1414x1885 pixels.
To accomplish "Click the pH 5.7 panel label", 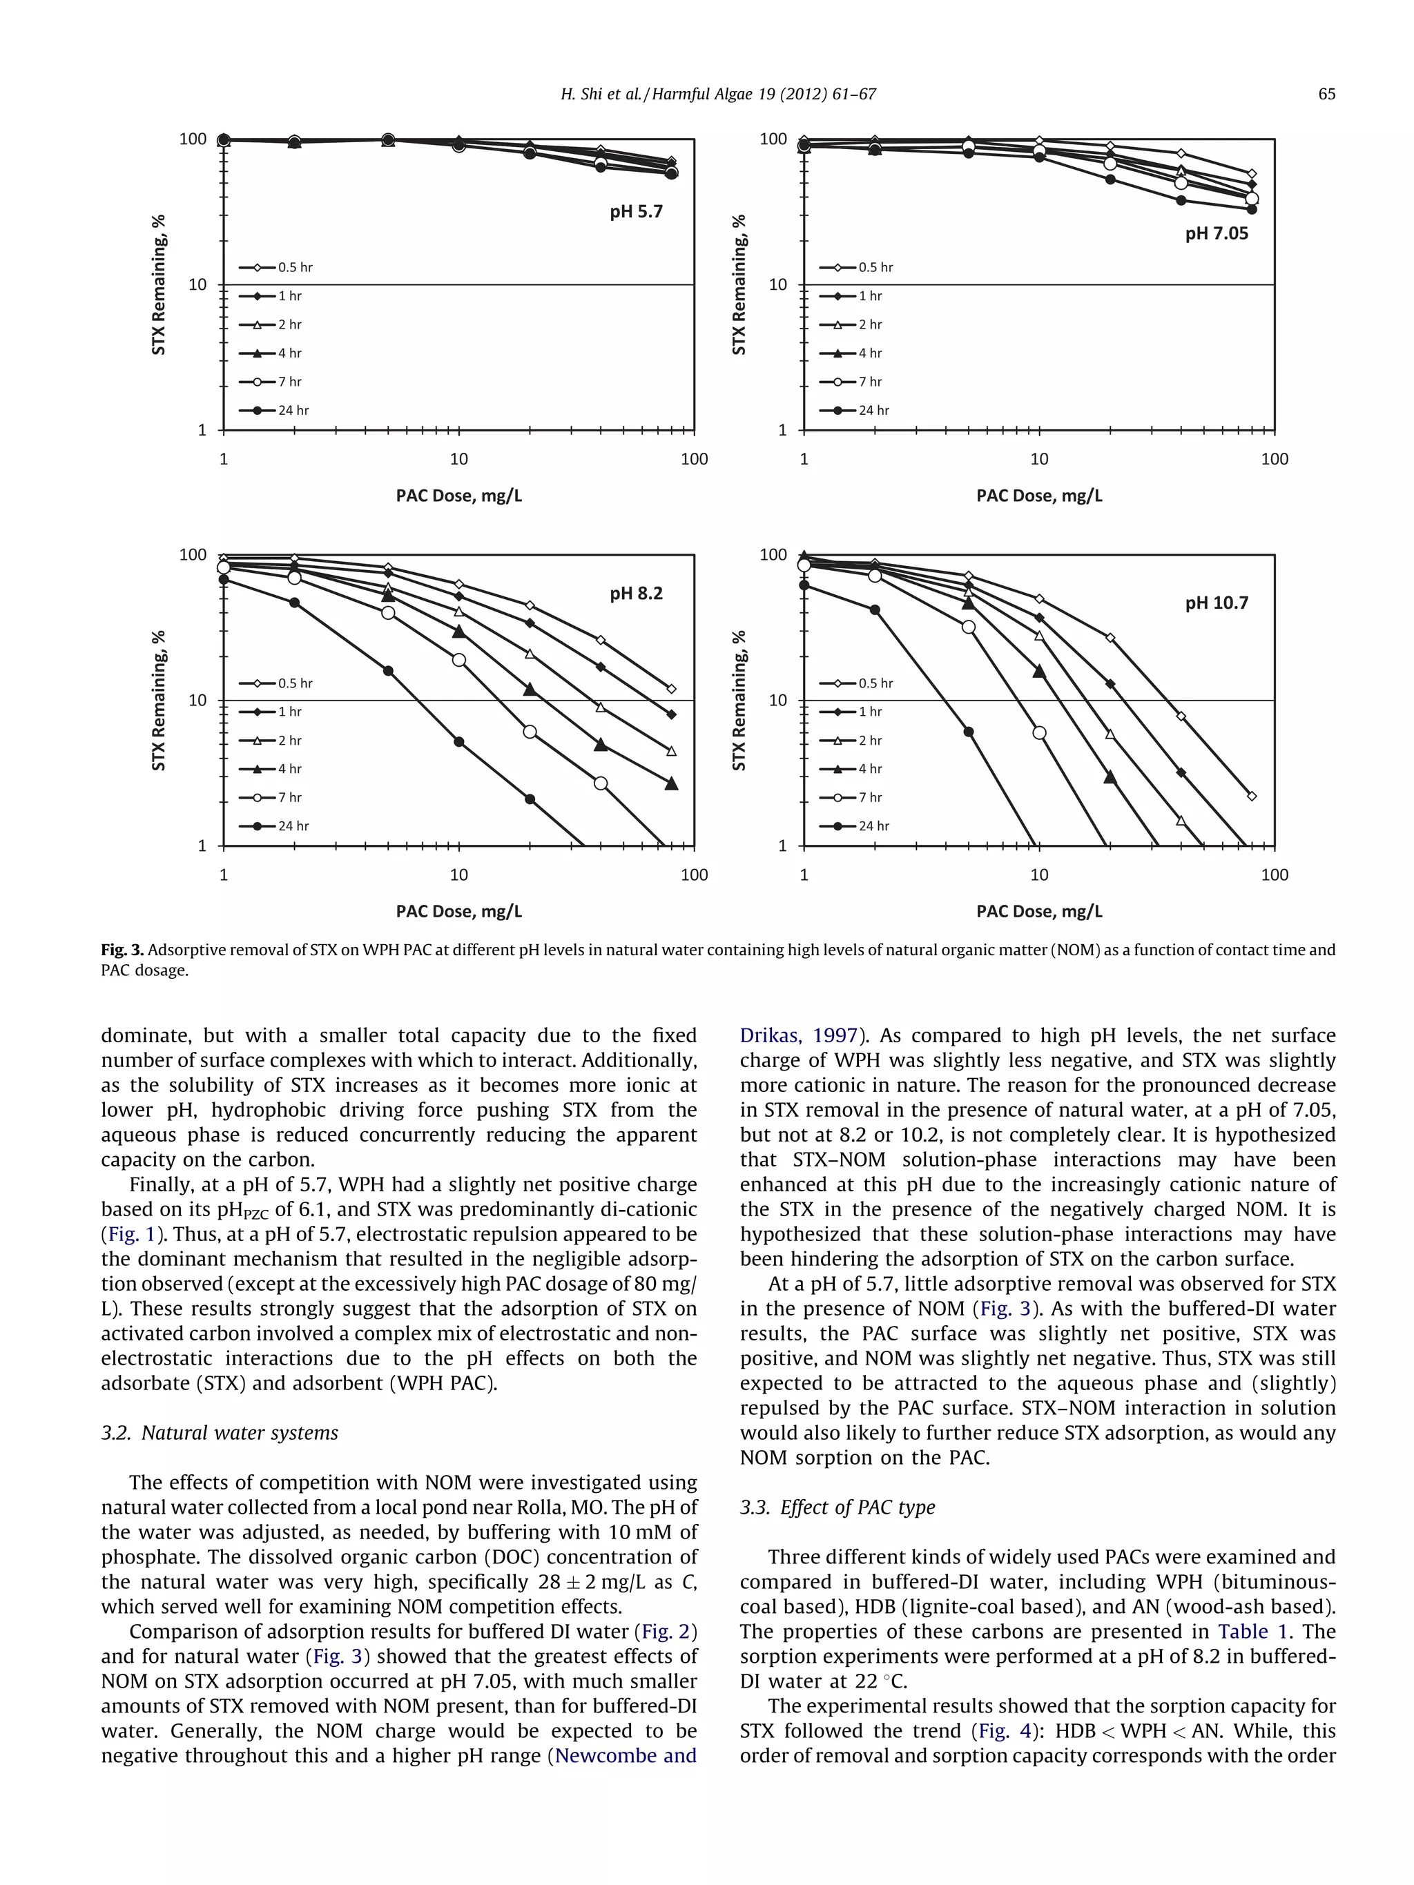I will [x=635, y=211].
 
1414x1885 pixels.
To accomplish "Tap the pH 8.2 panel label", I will [x=635, y=593].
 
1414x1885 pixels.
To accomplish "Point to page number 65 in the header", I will [x=1326, y=95].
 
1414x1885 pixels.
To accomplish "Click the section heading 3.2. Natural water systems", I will [x=219, y=1432].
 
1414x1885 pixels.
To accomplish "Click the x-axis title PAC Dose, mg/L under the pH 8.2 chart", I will [x=458, y=911].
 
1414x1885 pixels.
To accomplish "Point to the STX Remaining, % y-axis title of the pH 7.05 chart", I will [x=738, y=284].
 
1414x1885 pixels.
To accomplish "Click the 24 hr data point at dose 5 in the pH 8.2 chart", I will [x=388, y=671].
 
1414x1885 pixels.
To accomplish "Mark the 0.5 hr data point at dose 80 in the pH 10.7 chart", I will [x=1251, y=796].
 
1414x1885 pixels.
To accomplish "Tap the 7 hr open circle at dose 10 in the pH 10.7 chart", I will [x=1039, y=733].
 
